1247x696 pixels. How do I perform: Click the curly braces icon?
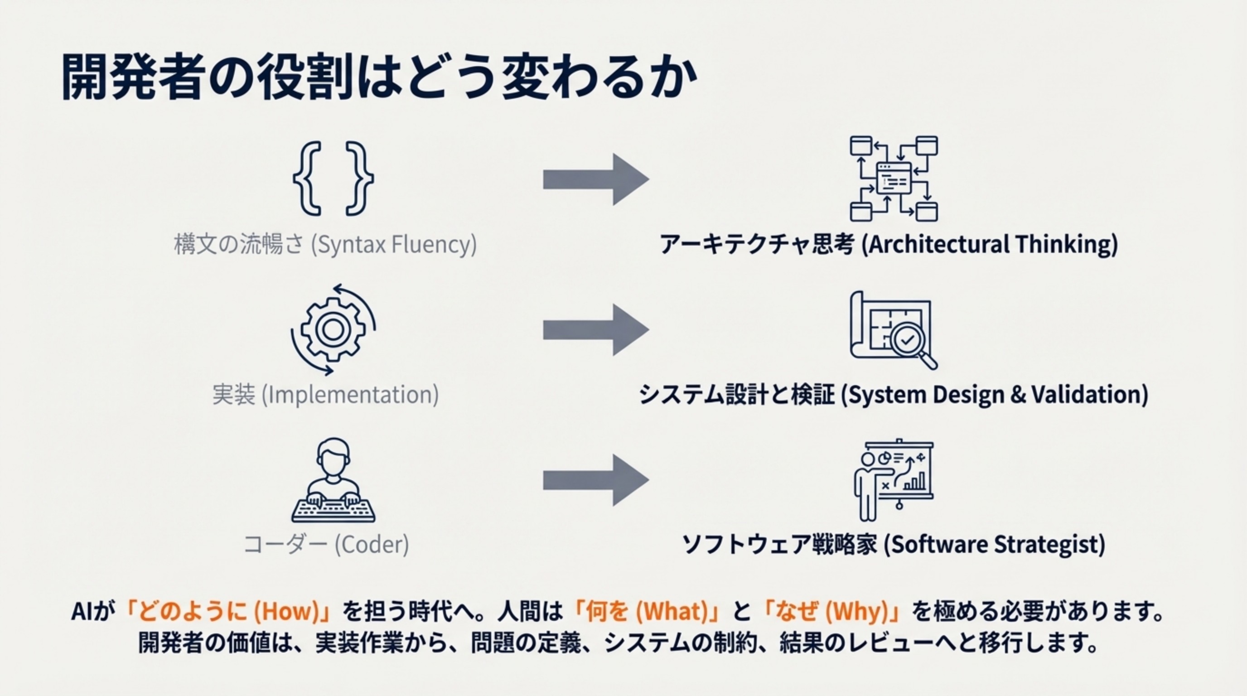click(x=333, y=178)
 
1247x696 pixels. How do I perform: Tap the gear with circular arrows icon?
click(x=333, y=329)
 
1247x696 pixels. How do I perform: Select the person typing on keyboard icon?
click(x=333, y=479)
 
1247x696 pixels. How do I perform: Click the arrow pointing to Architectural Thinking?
click(x=595, y=179)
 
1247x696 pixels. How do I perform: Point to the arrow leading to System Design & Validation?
click(x=595, y=329)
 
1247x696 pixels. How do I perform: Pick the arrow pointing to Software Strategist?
click(x=595, y=480)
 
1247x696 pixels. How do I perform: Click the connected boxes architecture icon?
click(x=894, y=179)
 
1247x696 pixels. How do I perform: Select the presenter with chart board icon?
click(x=893, y=479)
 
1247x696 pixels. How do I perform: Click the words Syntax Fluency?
click(x=394, y=244)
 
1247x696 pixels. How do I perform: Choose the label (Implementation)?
click(x=350, y=395)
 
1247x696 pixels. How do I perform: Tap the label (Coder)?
click(x=372, y=545)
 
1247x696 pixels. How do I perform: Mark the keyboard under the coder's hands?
click(x=333, y=510)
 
